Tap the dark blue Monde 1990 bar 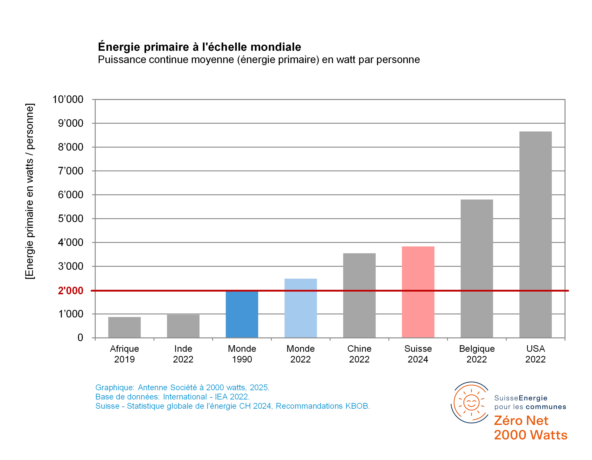point(242,314)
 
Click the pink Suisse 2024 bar point(418,292)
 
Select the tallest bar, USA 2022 point(535,234)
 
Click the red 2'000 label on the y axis point(71,291)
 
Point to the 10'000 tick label point(68,99)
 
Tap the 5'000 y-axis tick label point(71,219)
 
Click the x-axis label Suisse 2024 point(418,354)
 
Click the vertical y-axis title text point(30,191)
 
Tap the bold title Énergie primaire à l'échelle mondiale point(200,47)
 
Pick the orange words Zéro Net point(521,421)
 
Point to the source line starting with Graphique point(182,387)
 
